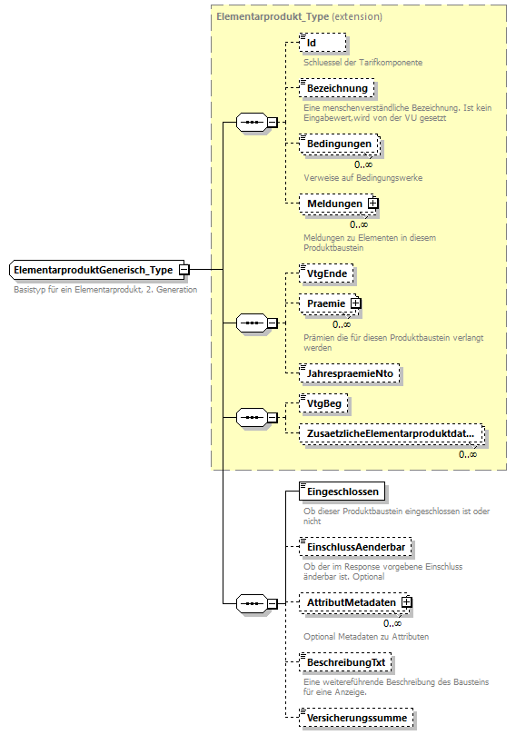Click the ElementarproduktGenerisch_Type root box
coord(94,270)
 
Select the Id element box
coord(322,43)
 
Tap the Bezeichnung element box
coord(336,88)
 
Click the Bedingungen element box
coord(338,144)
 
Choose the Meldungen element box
coord(332,204)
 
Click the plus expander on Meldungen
coord(372,204)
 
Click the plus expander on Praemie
coord(356,303)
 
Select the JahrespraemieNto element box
coord(350,372)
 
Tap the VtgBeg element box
coord(325,402)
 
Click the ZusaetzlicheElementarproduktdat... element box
coord(391,434)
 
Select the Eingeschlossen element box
coord(342,491)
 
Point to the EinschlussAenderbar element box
coord(355,547)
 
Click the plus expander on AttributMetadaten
coord(407,602)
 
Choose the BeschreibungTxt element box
coord(345,662)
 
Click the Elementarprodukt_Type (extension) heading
coord(299,17)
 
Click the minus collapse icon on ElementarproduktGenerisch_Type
coord(184,270)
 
